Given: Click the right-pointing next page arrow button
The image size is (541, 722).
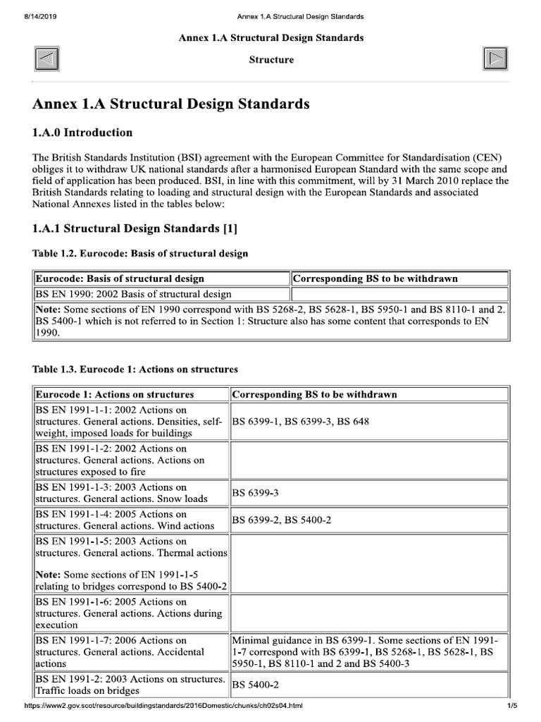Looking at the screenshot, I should tap(495, 59).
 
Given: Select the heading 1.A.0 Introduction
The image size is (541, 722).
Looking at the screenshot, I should tap(82, 133).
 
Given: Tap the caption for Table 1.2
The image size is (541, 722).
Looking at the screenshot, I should tap(140, 253).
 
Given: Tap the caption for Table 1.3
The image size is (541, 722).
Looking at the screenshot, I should tap(135, 369).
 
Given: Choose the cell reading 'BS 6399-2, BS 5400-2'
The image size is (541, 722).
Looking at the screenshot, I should tap(282, 520).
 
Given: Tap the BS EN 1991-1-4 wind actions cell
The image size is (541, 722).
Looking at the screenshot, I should tap(125, 520).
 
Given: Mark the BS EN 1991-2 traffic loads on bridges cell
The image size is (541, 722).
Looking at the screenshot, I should tap(130, 685).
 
